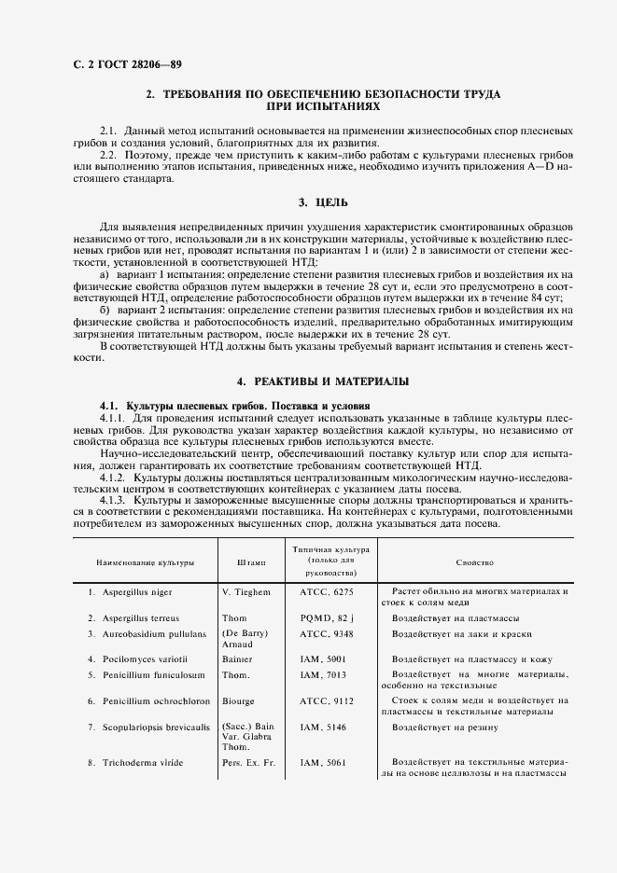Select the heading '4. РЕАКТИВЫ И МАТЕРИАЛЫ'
[323, 381]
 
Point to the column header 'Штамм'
[251, 563]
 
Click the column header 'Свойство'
[475, 563]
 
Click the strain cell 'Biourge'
[240, 700]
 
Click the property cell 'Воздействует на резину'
[445, 727]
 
